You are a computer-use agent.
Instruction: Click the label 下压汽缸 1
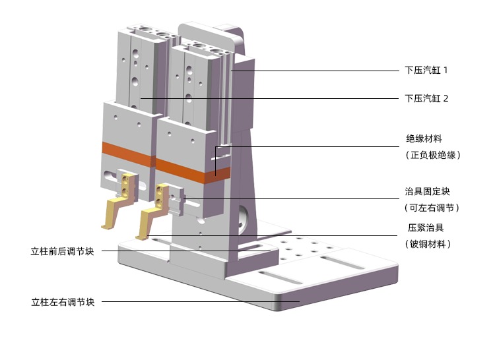coord(426,70)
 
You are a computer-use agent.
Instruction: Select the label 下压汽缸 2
coord(426,98)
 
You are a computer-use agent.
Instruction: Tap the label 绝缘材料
coord(423,139)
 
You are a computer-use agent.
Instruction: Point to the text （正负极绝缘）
coord(432,155)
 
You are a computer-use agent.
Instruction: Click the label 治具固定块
coord(427,192)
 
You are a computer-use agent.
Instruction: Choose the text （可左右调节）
coord(432,208)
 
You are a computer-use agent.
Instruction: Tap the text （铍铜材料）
coord(428,244)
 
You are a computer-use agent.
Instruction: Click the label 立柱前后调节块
coord(62,251)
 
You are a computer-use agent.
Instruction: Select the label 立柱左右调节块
coord(63,303)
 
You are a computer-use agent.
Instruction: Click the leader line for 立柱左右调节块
coord(198,302)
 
